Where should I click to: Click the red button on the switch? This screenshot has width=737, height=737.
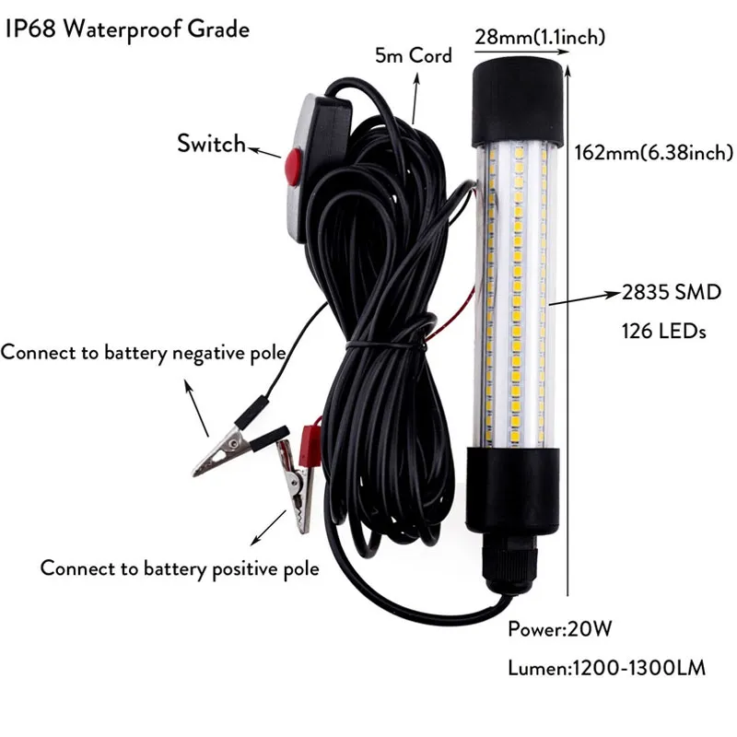point(293,168)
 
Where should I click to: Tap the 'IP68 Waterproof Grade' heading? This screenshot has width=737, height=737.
point(127,29)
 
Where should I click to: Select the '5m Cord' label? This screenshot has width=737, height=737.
point(414,55)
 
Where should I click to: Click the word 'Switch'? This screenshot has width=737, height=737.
point(211,144)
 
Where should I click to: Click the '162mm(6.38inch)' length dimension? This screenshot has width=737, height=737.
point(653,152)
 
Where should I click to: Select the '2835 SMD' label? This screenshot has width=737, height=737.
point(670,293)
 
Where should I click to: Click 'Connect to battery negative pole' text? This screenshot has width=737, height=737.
point(143,353)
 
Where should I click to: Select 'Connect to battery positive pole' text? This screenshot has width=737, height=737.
point(180,568)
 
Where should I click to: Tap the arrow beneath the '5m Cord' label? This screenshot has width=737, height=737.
point(416,97)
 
